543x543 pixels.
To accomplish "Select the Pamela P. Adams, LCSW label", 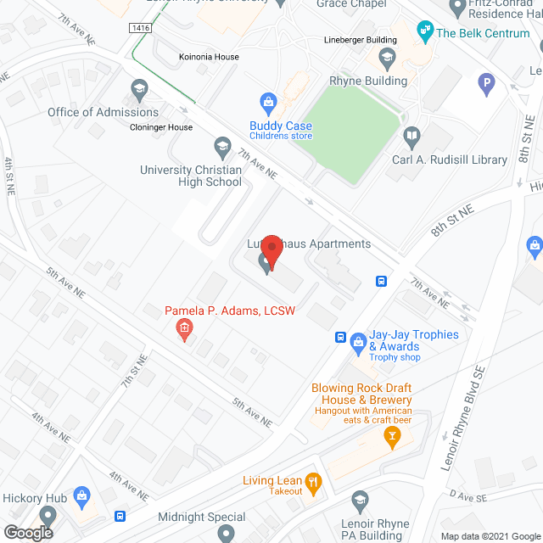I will point(230,311).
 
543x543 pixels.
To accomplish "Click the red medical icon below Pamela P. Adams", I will point(183,328).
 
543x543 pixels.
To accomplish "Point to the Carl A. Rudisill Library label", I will point(450,160).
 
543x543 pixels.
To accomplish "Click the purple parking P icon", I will point(486,83).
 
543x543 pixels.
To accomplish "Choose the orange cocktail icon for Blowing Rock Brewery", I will point(392,438).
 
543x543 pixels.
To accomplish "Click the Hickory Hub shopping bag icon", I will point(82,495).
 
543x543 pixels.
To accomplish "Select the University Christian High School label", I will point(191,176).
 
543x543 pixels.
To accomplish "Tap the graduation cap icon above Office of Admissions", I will point(138,89).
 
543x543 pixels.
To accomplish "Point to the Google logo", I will point(27,533).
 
